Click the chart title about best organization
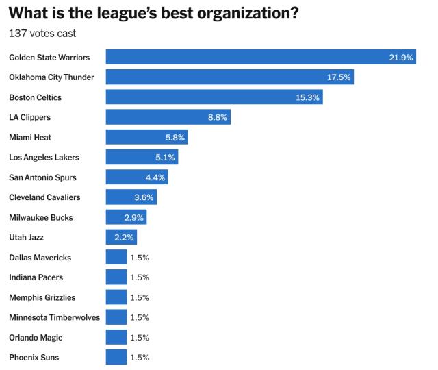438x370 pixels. click(154, 13)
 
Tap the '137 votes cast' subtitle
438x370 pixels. click(42, 34)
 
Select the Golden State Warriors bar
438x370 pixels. click(260, 57)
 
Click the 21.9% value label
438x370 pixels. click(401, 58)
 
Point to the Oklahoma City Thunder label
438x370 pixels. click(51, 77)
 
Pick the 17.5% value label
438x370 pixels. click(339, 77)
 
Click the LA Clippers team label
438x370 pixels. click(29, 117)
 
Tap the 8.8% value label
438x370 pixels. click(218, 118)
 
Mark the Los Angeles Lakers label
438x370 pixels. click(44, 158)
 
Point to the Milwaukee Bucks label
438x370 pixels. click(40, 218)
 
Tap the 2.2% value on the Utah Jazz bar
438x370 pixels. click(125, 238)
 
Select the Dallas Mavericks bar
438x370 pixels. click(116, 258)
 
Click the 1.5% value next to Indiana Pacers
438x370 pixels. click(139, 277)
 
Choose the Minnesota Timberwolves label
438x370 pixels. click(54, 318)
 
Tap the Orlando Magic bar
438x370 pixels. click(116, 338)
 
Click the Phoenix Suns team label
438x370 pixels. click(33, 358)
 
